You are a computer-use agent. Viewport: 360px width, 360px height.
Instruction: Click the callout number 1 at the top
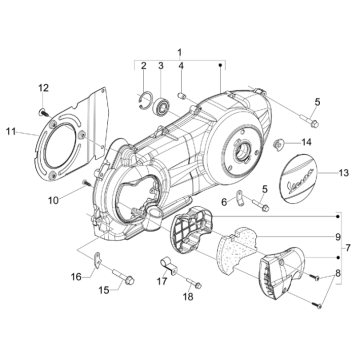180,52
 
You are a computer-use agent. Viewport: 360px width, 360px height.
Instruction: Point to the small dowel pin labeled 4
182,96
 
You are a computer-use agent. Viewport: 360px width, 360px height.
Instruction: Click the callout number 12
43,88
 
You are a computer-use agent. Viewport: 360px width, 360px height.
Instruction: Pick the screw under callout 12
43,112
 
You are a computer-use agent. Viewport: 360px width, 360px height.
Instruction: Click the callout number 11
11,132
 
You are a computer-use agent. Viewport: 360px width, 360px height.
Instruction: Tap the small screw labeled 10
86,183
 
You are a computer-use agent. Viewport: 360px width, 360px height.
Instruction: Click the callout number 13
344,173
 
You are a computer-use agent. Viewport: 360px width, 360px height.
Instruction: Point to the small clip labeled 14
277,144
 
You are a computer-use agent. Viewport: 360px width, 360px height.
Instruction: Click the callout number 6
224,202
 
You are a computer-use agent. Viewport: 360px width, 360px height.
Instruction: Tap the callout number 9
338,237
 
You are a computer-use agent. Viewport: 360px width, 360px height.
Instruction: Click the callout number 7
348,248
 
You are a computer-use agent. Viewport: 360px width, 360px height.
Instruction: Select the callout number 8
338,274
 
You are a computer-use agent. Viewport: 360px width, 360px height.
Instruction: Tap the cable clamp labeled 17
168,265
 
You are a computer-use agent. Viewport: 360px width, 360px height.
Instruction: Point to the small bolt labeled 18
194,282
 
